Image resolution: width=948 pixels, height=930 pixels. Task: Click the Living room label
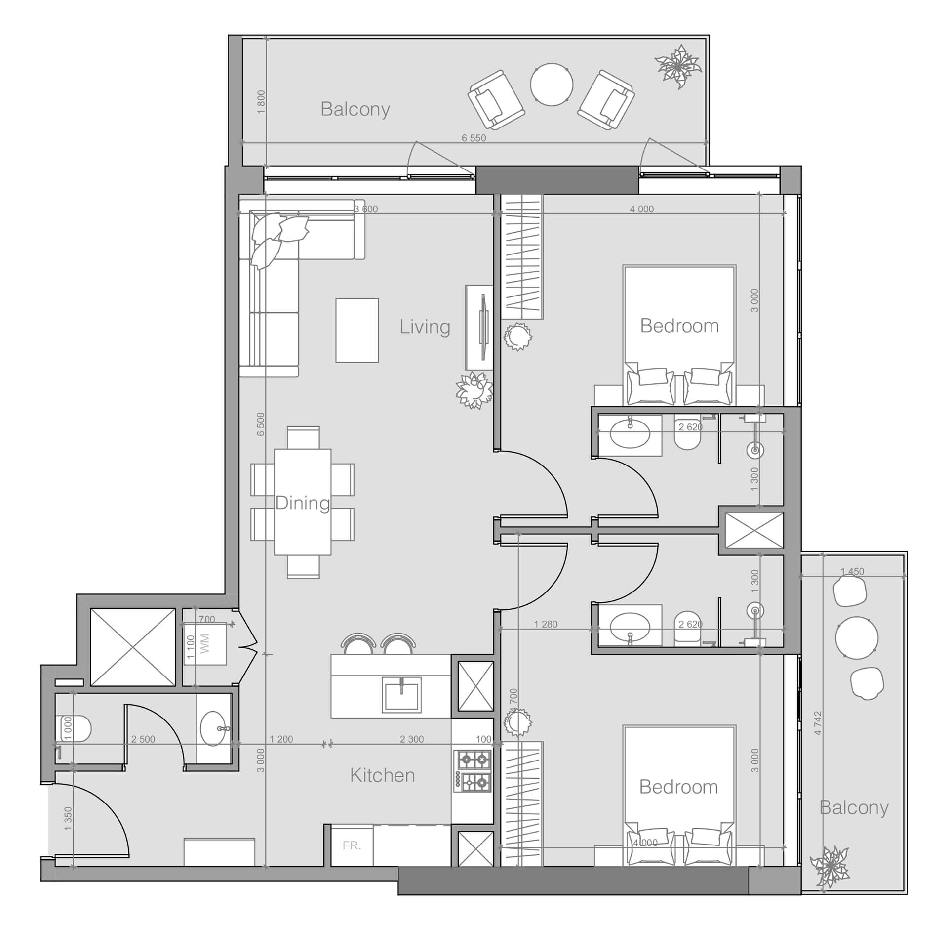[425, 327]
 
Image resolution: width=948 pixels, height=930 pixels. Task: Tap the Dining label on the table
[302, 503]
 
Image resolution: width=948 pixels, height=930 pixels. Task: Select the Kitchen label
[382, 775]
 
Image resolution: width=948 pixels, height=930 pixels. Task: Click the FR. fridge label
[352, 845]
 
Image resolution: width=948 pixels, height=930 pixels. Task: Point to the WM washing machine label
[205, 644]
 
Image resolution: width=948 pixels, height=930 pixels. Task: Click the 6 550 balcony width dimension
[474, 138]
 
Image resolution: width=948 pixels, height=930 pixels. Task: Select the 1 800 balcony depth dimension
[261, 102]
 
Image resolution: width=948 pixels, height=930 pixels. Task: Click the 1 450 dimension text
[852, 571]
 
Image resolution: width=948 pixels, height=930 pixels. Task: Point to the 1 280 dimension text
[545, 624]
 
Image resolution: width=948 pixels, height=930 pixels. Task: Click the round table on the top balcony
[552, 84]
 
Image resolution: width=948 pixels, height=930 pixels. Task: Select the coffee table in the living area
[357, 330]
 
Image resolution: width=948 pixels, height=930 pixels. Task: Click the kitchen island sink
[402, 694]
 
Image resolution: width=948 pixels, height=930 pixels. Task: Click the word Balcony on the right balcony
[854, 807]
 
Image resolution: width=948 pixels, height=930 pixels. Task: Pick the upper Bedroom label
[679, 326]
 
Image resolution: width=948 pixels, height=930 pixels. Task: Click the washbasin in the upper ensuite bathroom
[630, 434]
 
